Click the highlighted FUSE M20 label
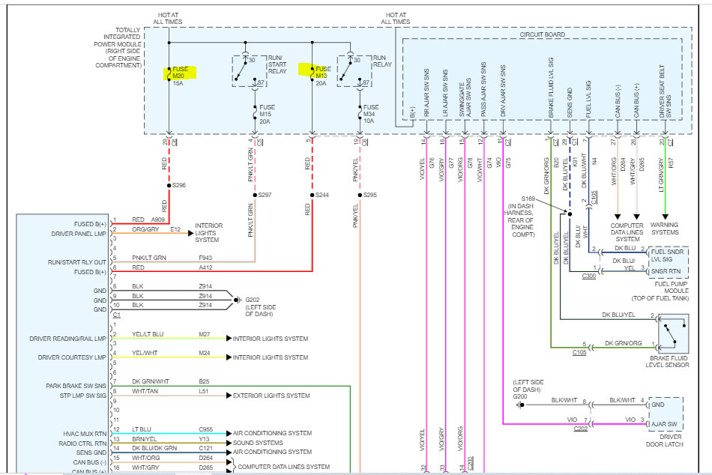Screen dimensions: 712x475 (181, 73)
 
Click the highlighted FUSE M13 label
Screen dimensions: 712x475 (323, 72)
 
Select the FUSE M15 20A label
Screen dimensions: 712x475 (267, 114)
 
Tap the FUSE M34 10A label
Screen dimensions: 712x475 (370, 114)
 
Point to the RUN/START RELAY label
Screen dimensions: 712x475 (277, 64)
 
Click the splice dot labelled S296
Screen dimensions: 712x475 (169, 185)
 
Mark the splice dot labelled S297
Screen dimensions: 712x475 (255, 196)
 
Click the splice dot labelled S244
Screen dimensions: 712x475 (313, 196)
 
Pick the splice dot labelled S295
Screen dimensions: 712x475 (360, 196)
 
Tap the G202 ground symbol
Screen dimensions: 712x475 (237, 300)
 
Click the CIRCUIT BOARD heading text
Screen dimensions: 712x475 (542, 34)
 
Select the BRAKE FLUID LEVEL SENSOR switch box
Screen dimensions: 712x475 (673, 333)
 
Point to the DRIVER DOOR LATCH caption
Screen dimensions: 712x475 (664, 441)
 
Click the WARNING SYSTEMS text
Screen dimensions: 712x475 (664, 229)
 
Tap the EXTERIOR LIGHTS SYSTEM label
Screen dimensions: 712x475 (271, 396)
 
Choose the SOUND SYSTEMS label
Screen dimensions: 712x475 (258, 443)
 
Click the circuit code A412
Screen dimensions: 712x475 (205, 267)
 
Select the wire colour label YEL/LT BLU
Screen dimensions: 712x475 (148, 334)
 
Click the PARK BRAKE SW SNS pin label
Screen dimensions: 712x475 (76, 386)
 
